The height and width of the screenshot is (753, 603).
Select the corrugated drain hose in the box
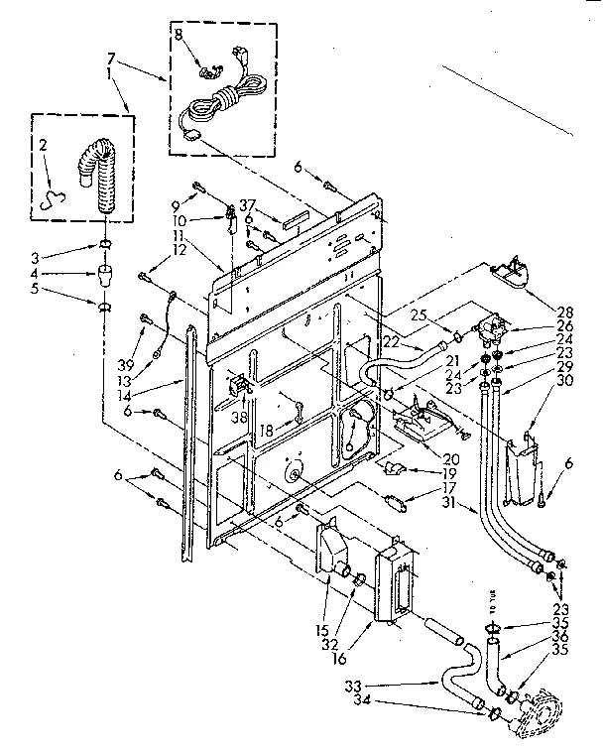pyautogui.click(x=96, y=177)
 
